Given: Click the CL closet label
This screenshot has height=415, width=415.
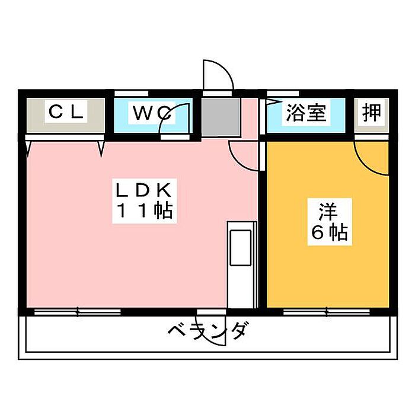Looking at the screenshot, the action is [x=66, y=111].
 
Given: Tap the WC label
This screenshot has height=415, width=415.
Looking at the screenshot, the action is [x=151, y=113].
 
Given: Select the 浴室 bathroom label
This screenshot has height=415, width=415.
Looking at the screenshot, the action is [x=306, y=113].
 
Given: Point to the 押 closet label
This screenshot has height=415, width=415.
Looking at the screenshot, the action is [x=372, y=113].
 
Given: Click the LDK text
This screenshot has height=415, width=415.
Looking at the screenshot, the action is [x=143, y=190].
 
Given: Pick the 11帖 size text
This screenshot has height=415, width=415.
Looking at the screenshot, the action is [x=145, y=211].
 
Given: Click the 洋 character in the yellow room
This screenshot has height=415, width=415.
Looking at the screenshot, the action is [x=328, y=212].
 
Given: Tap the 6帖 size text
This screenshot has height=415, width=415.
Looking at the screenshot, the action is [x=329, y=232].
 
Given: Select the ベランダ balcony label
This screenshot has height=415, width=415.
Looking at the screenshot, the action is [x=208, y=331].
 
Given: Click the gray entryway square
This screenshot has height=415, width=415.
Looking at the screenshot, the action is [x=221, y=117].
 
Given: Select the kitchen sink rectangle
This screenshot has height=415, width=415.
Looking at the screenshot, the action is [x=240, y=248].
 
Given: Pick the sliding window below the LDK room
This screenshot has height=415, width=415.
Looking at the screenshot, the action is [x=78, y=312].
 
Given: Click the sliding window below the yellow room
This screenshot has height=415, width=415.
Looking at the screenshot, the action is [x=327, y=312].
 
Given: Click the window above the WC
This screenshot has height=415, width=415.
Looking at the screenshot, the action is [x=131, y=94].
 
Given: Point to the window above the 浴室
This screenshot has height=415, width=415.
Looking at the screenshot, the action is [x=283, y=94].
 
